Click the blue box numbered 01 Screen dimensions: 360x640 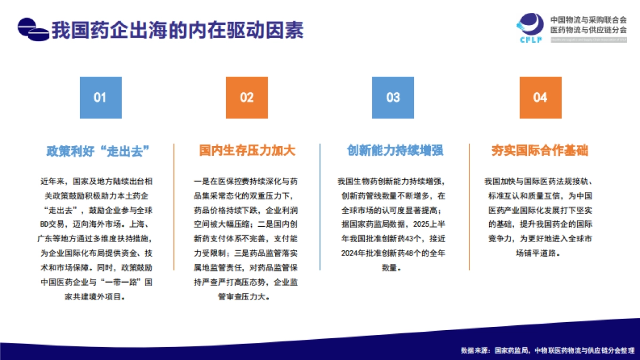pos(100,97)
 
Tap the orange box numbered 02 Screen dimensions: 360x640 pos(246,97)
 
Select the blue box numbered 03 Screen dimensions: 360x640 pos(393,97)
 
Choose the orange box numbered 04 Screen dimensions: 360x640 pos(540,97)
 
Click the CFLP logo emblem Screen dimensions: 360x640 pos(530,27)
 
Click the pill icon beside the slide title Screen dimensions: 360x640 pos(33,30)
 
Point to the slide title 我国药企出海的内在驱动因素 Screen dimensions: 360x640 pos(177,30)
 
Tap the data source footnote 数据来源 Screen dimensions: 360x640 pos(547,350)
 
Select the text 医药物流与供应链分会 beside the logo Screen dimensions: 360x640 pos(588,30)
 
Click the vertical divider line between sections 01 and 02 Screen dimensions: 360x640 pos(173,207)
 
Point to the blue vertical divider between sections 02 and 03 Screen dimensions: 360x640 pos(320,207)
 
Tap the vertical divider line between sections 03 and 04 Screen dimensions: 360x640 pos(469,207)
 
